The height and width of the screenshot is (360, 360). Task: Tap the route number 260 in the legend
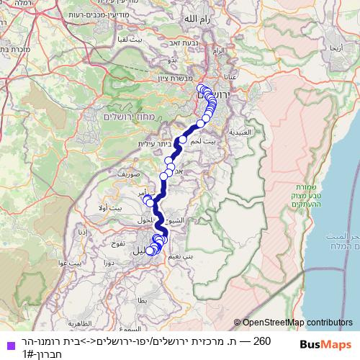264,340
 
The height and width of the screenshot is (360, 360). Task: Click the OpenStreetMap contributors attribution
296,323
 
